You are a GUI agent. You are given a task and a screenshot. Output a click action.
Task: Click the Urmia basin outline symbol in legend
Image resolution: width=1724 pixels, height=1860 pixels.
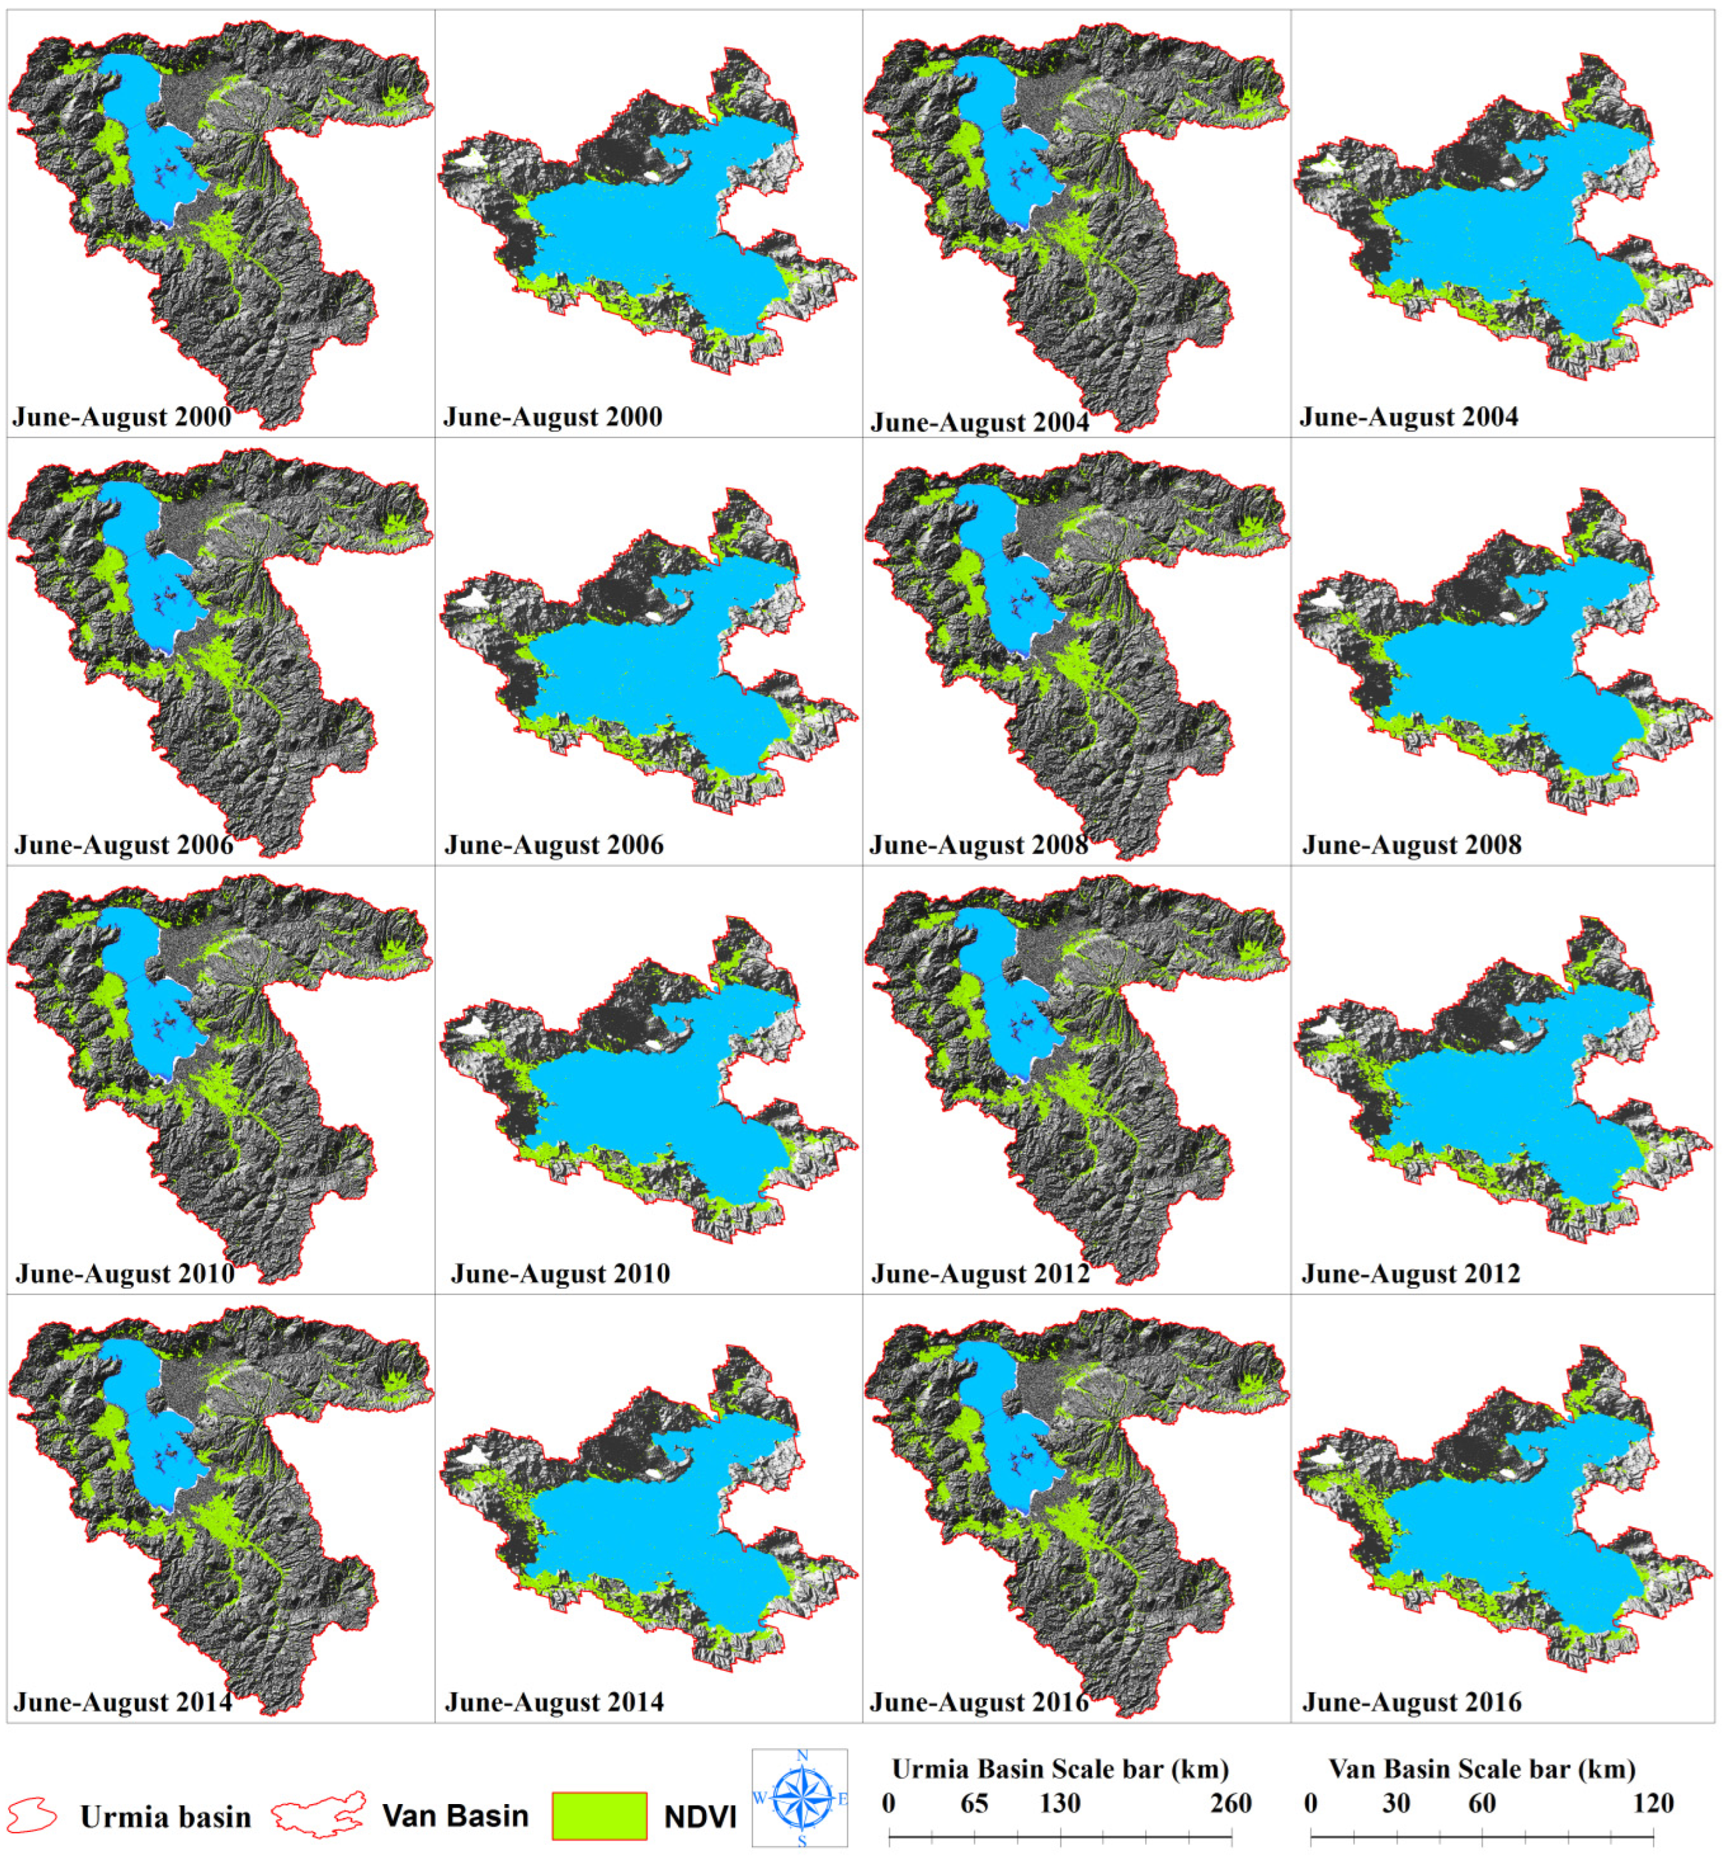click(x=32, y=1815)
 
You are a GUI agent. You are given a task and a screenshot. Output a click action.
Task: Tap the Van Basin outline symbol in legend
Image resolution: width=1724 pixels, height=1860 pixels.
click(x=318, y=1815)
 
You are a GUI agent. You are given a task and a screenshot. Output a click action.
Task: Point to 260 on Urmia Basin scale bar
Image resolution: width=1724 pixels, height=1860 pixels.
click(x=1230, y=1803)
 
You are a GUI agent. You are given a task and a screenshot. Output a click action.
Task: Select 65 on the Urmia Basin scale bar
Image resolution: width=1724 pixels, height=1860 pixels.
click(x=974, y=1803)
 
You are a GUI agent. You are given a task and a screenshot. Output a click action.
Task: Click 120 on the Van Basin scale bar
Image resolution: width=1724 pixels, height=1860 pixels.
click(x=1652, y=1803)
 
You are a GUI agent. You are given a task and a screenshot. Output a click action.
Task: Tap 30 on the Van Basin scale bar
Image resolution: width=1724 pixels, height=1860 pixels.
click(x=1395, y=1803)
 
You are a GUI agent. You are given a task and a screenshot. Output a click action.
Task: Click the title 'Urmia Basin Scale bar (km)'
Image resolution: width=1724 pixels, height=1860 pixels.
click(x=1060, y=1769)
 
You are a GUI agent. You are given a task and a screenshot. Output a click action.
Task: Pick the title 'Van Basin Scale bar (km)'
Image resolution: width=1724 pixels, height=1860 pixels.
click(x=1481, y=1769)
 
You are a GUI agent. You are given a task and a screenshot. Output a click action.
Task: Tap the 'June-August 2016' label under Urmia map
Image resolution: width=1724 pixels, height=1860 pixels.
click(x=979, y=1702)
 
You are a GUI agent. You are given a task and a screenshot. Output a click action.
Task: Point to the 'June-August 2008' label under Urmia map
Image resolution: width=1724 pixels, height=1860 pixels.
click(x=979, y=845)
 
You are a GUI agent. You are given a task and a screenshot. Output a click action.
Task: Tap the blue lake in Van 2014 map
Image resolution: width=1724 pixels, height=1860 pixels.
click(x=653, y=1540)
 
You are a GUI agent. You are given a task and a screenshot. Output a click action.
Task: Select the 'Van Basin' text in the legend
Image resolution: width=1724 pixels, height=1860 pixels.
click(x=455, y=1815)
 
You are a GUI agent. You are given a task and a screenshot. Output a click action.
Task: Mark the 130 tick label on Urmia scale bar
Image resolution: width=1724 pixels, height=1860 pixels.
click(x=1060, y=1803)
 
